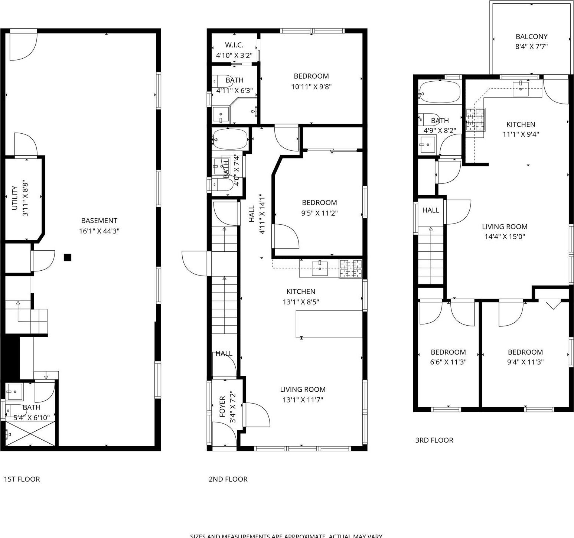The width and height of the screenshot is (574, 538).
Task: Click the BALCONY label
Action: (531, 36)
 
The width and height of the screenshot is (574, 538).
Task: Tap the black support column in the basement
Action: (68, 257)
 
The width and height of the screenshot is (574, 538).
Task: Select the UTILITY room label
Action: (15, 198)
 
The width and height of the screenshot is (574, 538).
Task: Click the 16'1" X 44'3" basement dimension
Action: (99, 231)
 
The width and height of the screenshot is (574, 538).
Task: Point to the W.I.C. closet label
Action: (234, 45)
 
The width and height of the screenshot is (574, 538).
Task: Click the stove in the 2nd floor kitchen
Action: (350, 269)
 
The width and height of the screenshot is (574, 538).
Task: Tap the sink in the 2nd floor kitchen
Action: (320, 268)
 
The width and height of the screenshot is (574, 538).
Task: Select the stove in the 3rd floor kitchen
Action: (476, 120)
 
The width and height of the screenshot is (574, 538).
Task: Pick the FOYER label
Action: (222, 406)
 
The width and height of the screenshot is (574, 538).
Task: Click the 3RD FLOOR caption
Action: (434, 440)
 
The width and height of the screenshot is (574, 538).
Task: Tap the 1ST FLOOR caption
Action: (22, 479)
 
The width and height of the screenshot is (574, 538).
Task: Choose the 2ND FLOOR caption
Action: (228, 479)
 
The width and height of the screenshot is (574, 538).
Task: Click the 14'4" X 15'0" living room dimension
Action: (505, 237)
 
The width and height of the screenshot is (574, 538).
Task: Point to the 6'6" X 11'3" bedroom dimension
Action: (448, 362)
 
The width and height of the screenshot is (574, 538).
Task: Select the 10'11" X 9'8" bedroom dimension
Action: (311, 87)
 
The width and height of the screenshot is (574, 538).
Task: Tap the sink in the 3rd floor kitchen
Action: (521, 88)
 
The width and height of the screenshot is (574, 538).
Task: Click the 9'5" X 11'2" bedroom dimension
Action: (319, 213)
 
